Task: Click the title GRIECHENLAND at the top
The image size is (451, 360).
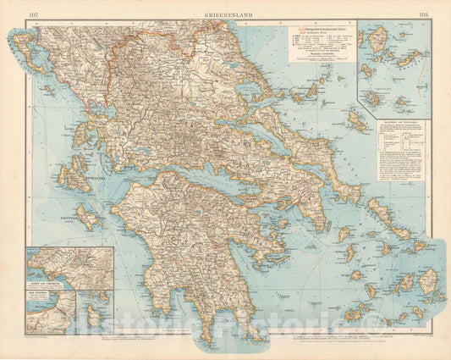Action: (224, 15)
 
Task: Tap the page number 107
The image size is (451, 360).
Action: (32, 15)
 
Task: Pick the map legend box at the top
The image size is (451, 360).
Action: (321, 42)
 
